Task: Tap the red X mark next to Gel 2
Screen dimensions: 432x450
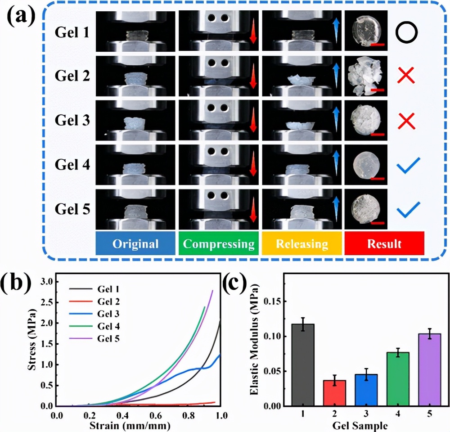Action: (406, 76)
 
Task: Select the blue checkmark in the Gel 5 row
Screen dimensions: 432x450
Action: (408, 208)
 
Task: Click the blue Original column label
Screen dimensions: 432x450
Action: (135, 244)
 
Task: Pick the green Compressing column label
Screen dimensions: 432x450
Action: (219, 244)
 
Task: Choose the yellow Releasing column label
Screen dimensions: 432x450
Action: (301, 244)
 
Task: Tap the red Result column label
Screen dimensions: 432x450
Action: (384, 244)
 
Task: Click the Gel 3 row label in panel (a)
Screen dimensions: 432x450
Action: (72, 121)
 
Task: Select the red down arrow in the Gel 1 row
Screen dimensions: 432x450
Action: (253, 33)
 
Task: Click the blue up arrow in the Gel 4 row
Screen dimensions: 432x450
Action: (336, 162)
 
